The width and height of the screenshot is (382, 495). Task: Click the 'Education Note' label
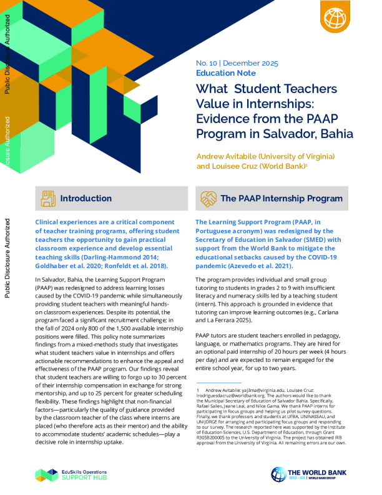click(x=221, y=73)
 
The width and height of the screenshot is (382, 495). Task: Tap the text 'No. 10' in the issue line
click(x=208, y=63)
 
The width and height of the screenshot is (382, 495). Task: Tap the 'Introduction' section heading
click(x=86, y=199)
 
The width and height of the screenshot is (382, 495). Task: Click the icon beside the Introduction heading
click(x=47, y=199)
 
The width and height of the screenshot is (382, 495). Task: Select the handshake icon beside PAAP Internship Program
click(x=208, y=199)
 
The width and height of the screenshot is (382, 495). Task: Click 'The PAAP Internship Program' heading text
click(x=282, y=199)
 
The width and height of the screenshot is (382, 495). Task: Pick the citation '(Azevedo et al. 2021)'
click(x=259, y=266)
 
